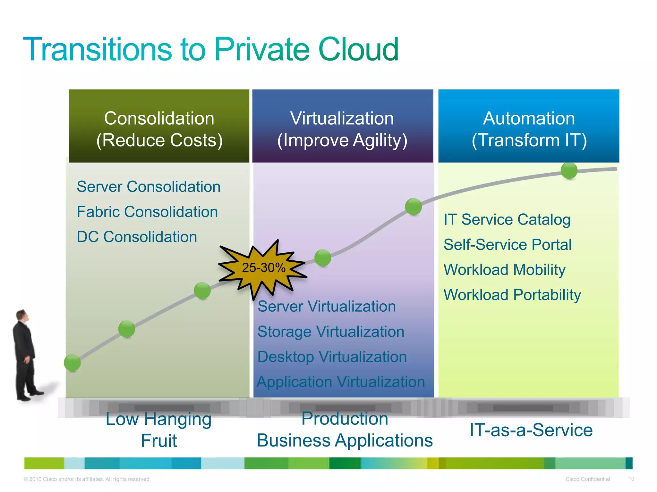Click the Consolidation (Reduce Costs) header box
[159, 126]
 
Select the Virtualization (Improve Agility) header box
[343, 126]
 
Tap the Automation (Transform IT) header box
[529, 126]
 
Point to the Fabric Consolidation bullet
[147, 212]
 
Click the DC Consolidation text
[137, 237]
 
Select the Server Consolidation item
[149, 187]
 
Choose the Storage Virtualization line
[331, 332]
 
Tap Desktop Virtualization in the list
[332, 357]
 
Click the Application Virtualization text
[341, 382]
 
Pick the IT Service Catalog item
[507, 220]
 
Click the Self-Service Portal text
[508, 245]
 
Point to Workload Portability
[512, 295]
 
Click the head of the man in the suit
[22, 316]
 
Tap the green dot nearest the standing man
[72, 363]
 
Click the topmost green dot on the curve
[569, 170]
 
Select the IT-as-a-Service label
[531, 430]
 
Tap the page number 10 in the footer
[631, 479]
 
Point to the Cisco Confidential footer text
[587, 479]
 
